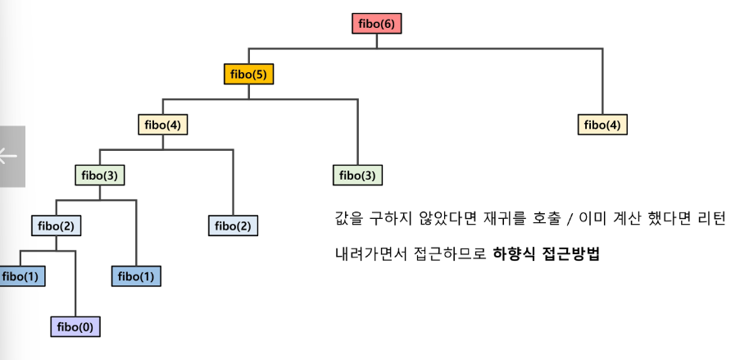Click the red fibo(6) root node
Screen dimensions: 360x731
(x=376, y=24)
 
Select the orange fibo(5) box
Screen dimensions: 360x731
(x=248, y=75)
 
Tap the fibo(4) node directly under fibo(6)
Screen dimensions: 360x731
(x=603, y=125)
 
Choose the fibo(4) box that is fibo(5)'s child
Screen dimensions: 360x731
(x=162, y=125)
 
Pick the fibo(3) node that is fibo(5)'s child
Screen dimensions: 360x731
(x=358, y=175)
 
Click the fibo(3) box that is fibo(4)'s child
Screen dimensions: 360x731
(x=100, y=175)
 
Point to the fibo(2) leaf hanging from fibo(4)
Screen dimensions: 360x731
(x=233, y=226)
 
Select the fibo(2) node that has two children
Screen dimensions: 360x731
(x=56, y=226)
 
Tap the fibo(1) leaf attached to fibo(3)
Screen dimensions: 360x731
(x=136, y=276)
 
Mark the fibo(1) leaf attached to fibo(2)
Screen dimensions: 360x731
(x=20, y=276)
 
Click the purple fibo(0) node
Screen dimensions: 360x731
(x=75, y=326)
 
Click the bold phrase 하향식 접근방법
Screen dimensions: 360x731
(x=547, y=253)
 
